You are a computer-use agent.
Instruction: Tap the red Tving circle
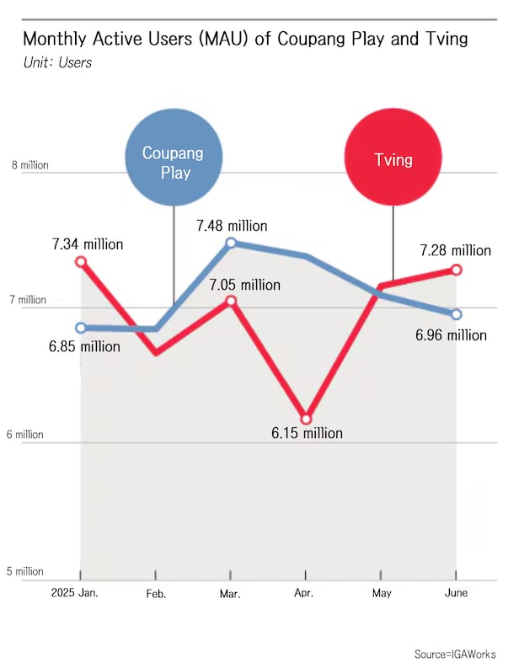pos(393,159)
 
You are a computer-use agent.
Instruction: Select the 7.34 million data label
pos(88,244)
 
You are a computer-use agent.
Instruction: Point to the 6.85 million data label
pos(85,345)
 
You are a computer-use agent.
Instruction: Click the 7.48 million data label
pos(232,226)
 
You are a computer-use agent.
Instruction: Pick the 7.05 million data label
pos(245,285)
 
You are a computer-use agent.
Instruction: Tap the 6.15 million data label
pos(307,433)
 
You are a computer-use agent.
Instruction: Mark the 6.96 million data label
pos(451,335)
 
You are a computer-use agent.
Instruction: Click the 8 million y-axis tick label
pos(29,165)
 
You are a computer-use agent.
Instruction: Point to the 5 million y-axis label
pos(28,572)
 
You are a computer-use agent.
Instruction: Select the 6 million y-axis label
pos(28,435)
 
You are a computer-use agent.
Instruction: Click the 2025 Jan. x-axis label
pos(74,594)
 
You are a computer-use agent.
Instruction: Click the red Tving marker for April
pos(307,419)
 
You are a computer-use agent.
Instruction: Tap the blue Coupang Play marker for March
pos(231,243)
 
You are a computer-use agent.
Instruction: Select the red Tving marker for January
pos(81,262)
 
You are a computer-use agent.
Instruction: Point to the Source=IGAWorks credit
pos(455,654)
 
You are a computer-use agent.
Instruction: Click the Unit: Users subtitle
pos(58,62)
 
